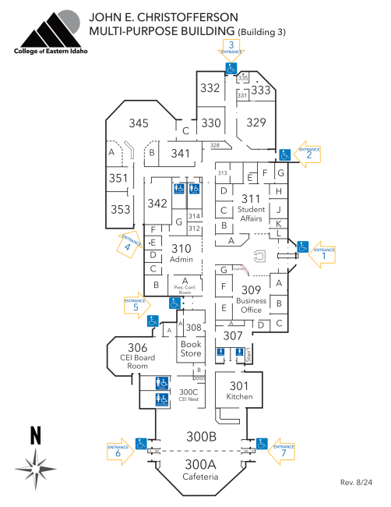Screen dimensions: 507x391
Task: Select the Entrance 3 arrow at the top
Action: tap(231, 49)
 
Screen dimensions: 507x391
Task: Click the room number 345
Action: tap(139, 123)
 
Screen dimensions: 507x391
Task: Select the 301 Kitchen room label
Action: tap(239, 390)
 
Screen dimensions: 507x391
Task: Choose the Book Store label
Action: tap(191, 348)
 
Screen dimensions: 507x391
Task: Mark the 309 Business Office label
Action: tap(252, 300)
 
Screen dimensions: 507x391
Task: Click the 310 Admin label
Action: tap(181, 253)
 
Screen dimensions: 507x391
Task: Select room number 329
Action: tap(256, 122)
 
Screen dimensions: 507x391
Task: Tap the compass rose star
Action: tap(34, 468)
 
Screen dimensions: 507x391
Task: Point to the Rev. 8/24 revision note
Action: tap(358, 483)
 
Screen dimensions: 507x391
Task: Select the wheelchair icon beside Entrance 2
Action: tap(286, 154)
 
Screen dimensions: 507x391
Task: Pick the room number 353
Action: tap(120, 209)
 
